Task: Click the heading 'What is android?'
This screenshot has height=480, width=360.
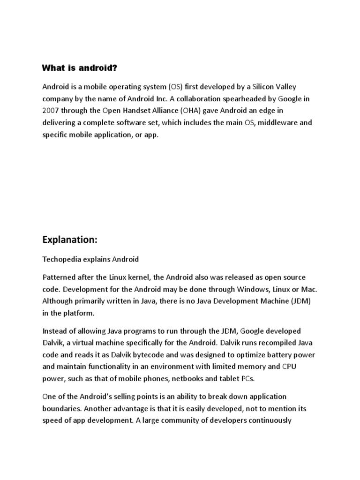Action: point(79,68)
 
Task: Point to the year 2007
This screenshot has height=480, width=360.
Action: point(51,111)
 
